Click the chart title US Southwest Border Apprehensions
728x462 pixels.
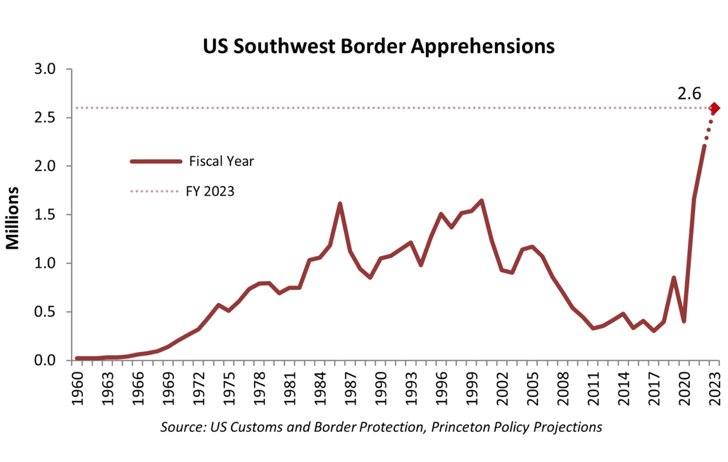[x=379, y=46]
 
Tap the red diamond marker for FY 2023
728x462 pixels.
[x=714, y=108]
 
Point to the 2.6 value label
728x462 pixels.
[x=689, y=93]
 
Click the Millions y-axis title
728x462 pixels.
[x=13, y=218]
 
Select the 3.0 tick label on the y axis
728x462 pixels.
[x=45, y=69]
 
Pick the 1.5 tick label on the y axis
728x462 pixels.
[x=45, y=215]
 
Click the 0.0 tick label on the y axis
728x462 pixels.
[x=45, y=360]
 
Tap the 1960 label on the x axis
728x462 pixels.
[x=78, y=389]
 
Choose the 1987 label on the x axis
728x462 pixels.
[x=351, y=389]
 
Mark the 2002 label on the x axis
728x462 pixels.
[x=502, y=389]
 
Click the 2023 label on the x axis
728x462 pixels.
[x=715, y=389]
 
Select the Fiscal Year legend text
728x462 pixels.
[x=221, y=161]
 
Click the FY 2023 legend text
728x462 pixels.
[x=210, y=191]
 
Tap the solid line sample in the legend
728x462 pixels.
[x=156, y=162]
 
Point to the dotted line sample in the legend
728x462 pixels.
[x=154, y=191]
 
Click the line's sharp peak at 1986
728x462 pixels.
[x=340, y=204]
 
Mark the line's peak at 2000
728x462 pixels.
[x=482, y=201]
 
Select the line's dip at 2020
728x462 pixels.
[x=684, y=321]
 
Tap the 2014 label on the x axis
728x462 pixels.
[x=624, y=389]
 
